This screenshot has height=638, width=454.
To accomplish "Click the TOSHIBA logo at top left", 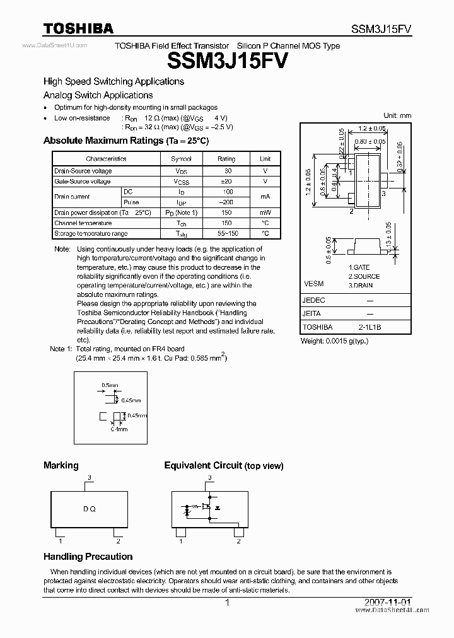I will (x=78, y=28).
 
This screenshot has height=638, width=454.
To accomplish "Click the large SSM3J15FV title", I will (x=228, y=61).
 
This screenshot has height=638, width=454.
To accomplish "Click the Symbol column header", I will (x=181, y=159).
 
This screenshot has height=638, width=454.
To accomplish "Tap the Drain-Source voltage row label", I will (x=83, y=171).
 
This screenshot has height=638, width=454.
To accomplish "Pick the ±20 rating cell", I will (x=226, y=182).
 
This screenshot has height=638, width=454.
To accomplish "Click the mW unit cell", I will (x=265, y=213).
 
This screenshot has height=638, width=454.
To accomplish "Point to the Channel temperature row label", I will (x=83, y=223).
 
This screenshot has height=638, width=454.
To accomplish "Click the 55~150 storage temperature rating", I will (x=226, y=234).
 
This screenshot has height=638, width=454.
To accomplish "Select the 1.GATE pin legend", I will (x=359, y=267).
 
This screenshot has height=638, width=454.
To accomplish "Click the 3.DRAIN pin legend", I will (x=361, y=285).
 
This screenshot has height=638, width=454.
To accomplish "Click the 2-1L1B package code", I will (x=370, y=327).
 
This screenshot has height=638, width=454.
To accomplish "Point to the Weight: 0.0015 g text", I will (x=334, y=341).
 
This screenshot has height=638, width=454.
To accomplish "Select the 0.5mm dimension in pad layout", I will (x=110, y=385).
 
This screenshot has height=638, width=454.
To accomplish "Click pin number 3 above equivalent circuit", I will (x=209, y=478).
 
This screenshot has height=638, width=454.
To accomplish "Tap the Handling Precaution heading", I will (x=88, y=557).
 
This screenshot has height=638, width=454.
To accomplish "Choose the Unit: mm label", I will (x=397, y=115).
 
